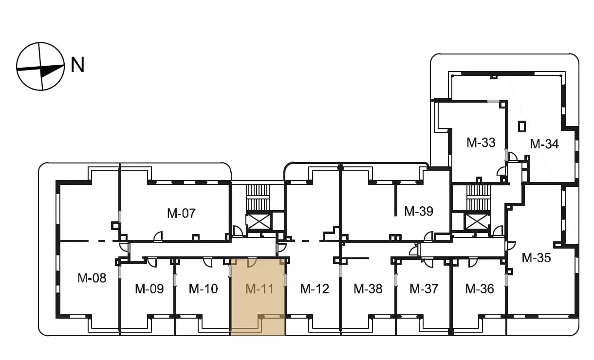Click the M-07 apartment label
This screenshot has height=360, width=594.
[182, 213]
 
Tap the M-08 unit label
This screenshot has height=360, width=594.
[92, 278]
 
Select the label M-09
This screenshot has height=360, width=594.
[149, 289]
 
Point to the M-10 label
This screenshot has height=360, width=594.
[204, 289]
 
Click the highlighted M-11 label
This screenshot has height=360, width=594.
[260, 289]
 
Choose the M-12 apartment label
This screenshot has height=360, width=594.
[315, 289]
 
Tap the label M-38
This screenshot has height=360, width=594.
[368, 289]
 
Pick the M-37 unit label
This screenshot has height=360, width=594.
[424, 289]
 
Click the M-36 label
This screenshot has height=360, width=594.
[480, 289]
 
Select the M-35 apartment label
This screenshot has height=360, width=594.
[536, 258]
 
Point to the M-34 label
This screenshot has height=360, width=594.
[544, 144]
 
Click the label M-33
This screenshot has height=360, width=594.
[481, 143]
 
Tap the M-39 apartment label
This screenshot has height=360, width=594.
[419, 212]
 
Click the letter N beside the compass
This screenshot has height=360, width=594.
[77, 65]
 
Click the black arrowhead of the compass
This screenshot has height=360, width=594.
[52, 71]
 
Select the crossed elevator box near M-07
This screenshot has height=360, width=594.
[259, 222]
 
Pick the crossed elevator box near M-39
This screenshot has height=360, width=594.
[477, 222]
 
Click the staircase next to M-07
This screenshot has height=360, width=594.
[258, 198]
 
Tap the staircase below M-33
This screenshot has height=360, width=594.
[479, 198]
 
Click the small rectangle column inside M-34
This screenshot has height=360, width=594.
[522, 126]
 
